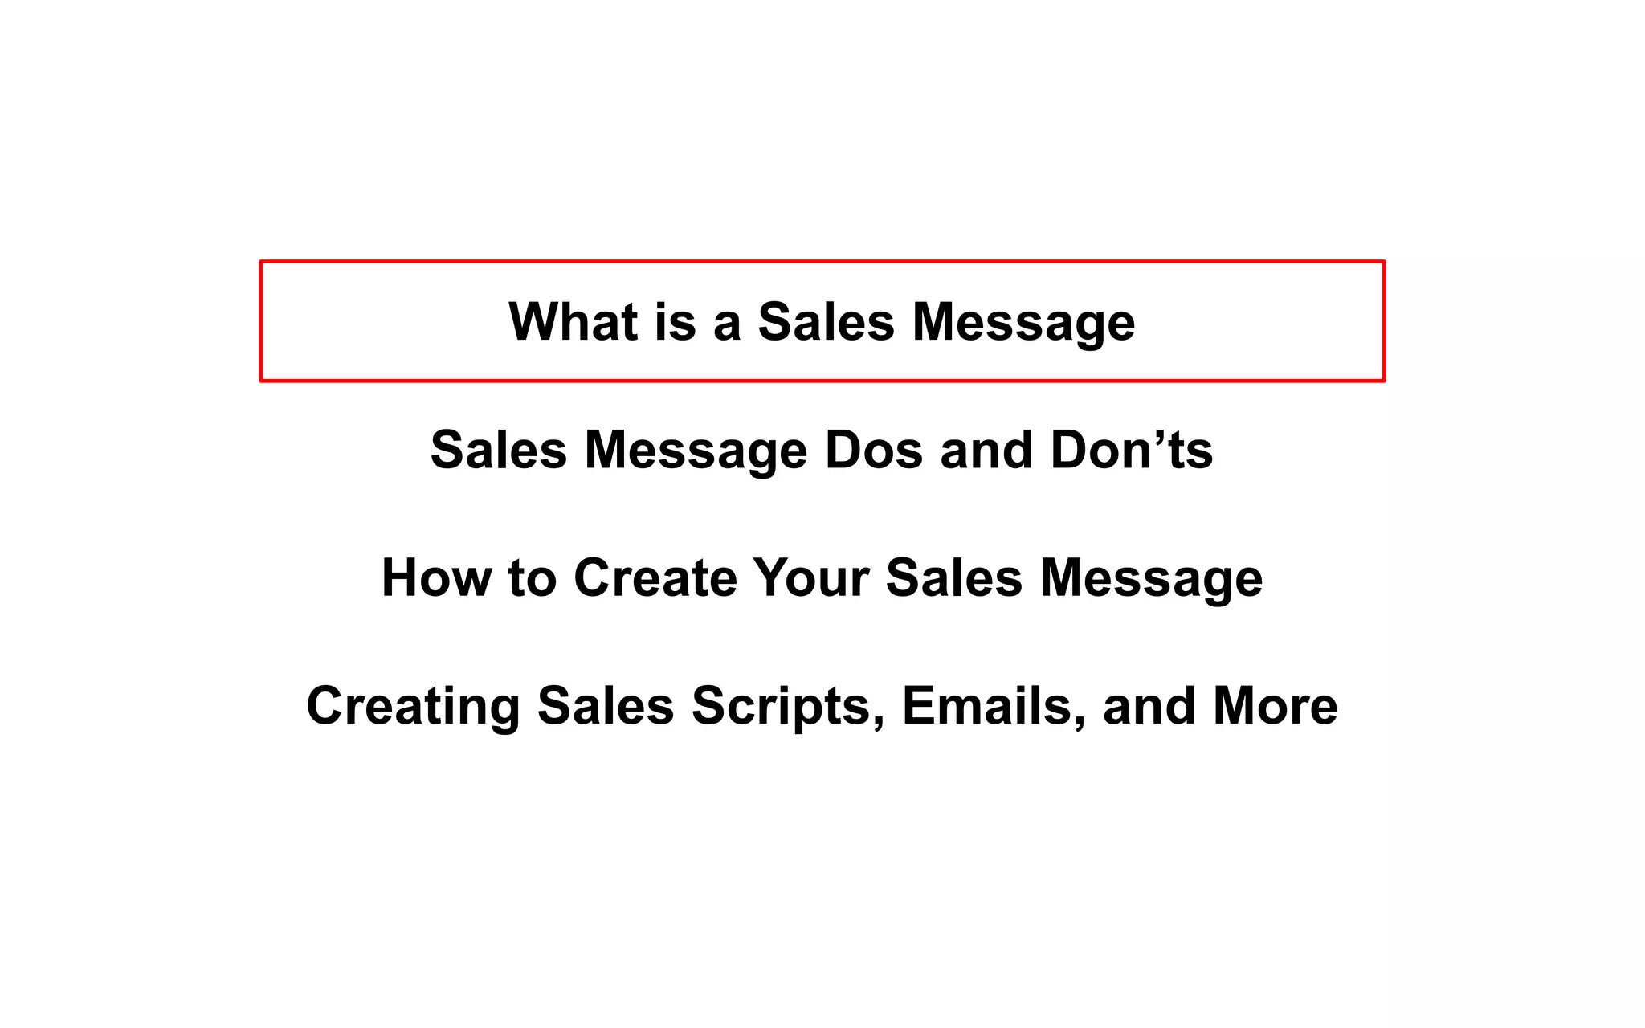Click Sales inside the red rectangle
tap(826, 322)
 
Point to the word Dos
tap(874, 450)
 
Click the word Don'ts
tap(1132, 450)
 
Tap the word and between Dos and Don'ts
tap(986, 450)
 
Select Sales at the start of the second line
tap(499, 450)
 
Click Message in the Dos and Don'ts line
tap(696, 451)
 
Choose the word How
tap(436, 577)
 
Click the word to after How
tap(532, 578)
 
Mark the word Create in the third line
tap(655, 577)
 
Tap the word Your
tap(811, 577)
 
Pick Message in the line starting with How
tap(1151, 579)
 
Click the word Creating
tap(413, 707)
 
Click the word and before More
tap(1149, 706)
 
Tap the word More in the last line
tap(1276, 706)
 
